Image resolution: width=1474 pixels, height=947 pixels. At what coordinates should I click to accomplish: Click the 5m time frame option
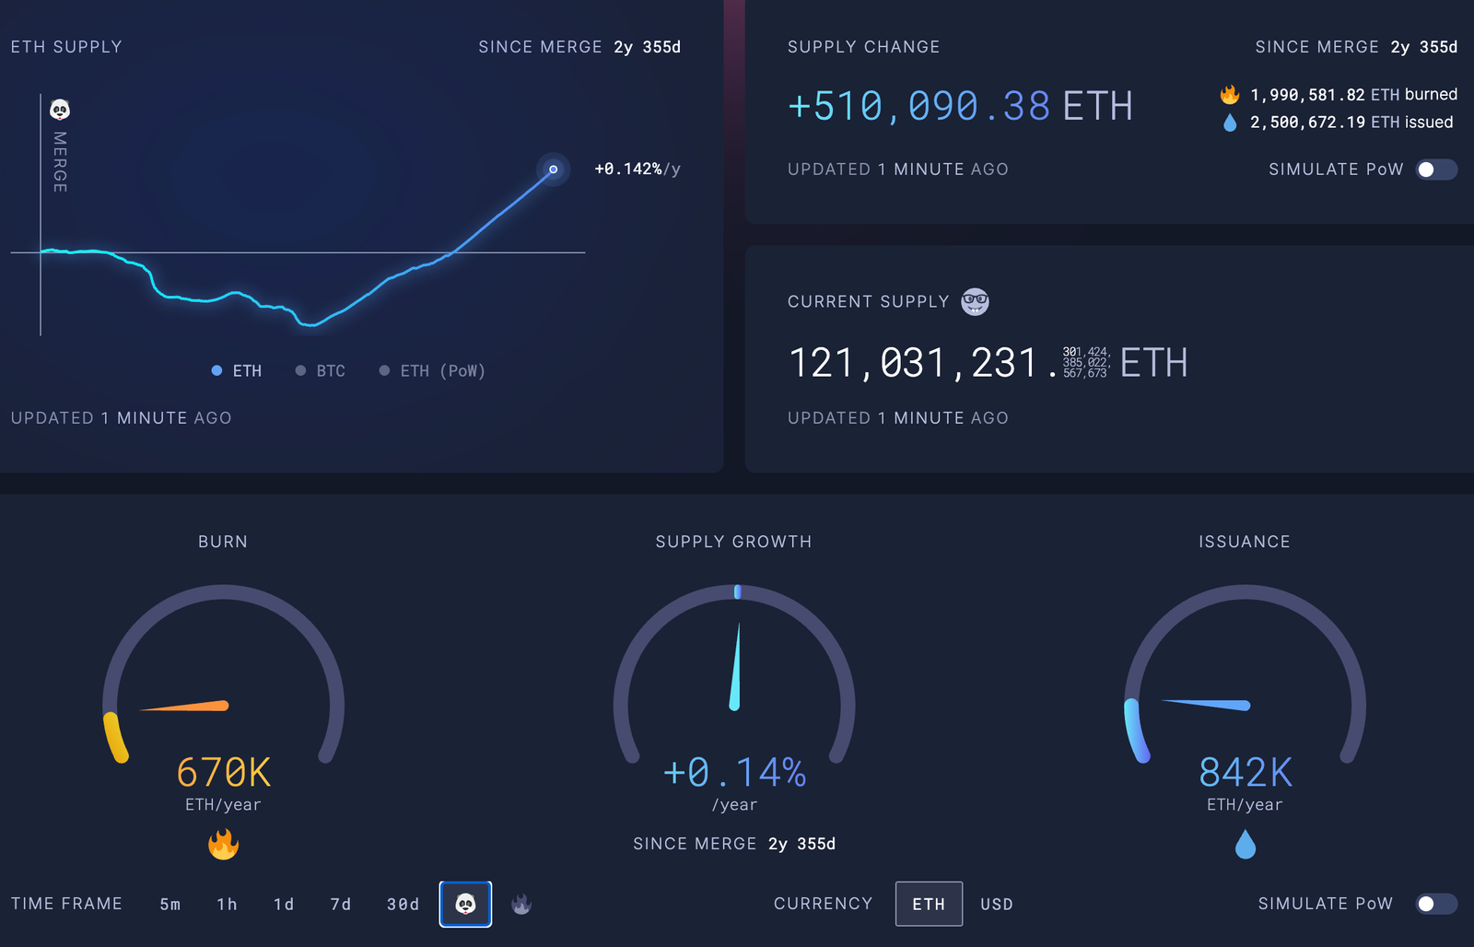pos(170,905)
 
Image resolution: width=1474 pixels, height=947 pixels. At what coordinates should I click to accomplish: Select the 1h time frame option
pos(227,905)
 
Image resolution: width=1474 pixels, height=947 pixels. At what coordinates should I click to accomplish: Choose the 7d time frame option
pos(341,905)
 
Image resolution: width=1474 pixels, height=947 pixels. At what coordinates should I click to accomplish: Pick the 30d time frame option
pos(403,905)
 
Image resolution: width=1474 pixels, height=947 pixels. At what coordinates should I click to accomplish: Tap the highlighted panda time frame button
pos(465,905)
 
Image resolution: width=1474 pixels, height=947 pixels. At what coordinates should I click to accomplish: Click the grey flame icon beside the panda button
pos(521,905)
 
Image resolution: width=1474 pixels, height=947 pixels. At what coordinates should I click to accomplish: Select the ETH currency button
pos(929,904)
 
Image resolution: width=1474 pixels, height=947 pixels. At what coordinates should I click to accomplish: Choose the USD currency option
pos(997,905)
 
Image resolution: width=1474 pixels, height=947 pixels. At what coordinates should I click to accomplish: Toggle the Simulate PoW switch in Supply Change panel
pos(1435,170)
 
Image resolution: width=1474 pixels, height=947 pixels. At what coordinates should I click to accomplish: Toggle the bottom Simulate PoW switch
pos(1435,904)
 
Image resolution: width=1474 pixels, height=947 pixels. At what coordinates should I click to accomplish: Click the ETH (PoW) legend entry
pos(432,371)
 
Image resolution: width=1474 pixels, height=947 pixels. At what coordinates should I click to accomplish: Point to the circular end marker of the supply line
pos(553,170)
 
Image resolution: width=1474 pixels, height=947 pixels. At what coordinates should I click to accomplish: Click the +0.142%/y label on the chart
pos(638,170)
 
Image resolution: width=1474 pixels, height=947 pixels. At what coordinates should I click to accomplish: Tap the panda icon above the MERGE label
pos(60,110)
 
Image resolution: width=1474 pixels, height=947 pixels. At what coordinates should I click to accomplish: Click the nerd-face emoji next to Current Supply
pos(975,301)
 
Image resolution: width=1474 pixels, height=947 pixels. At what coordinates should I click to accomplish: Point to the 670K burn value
pos(224,773)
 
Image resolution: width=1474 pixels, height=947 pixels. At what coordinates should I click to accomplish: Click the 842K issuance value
pos(1246,773)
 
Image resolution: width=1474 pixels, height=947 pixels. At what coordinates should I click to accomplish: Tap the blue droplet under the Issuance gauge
pos(1246,844)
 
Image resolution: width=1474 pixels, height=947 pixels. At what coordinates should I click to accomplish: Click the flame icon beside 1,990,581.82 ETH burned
pos(1230,95)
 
